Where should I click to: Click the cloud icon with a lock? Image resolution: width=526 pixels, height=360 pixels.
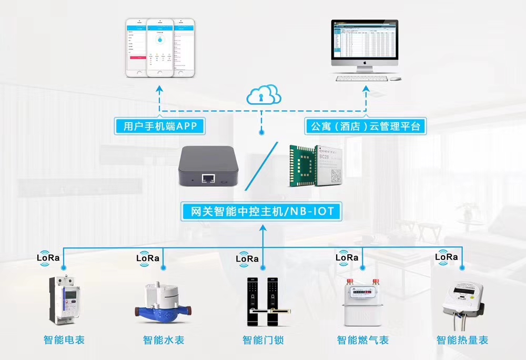[x=264, y=95]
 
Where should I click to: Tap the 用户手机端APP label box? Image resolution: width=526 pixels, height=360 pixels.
[x=159, y=126]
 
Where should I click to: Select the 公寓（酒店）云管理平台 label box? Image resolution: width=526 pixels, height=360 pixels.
[x=366, y=126]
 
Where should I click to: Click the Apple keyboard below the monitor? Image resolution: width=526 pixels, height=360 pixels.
[x=362, y=79]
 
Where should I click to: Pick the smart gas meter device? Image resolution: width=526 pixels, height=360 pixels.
[x=362, y=303]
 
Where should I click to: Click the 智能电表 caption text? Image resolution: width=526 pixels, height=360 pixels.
[x=64, y=340]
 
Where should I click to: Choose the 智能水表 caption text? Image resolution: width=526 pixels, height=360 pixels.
[x=164, y=340]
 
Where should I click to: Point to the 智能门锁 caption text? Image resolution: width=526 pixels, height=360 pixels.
[x=263, y=340]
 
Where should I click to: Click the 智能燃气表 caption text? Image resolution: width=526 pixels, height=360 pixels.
[x=362, y=340]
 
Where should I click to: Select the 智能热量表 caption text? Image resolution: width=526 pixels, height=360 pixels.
[x=462, y=340]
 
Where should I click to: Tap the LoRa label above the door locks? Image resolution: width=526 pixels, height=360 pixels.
[x=247, y=258]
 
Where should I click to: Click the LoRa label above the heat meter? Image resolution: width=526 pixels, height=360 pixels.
[x=447, y=257]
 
